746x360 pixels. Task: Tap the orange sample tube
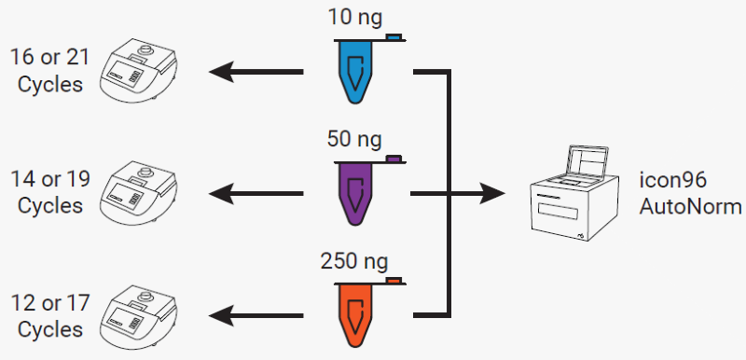[355, 312]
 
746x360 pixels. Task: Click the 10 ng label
[355, 18]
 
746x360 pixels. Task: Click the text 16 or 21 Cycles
[49, 69]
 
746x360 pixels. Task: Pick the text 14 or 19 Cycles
[49, 191]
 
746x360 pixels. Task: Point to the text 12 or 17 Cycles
[49, 315]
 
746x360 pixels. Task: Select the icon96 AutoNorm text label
[690, 193]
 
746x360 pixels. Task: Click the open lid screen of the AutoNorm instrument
[593, 160]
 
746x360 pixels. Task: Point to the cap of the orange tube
[394, 280]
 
